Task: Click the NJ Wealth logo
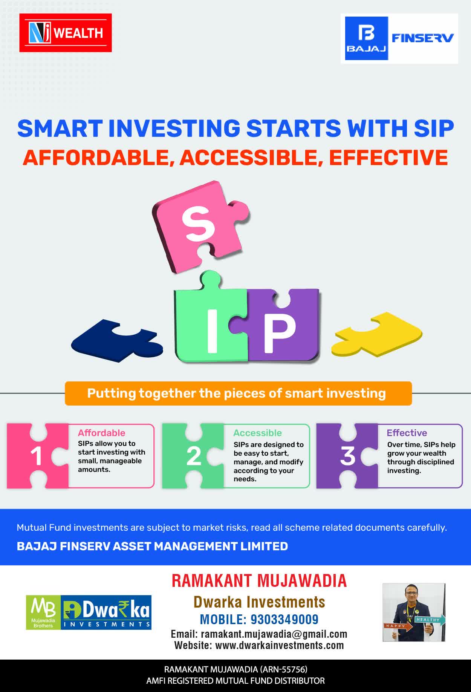tap(66, 33)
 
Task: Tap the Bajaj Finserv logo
tap(399, 38)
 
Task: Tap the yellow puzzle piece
tap(377, 334)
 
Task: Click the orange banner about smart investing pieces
tap(238, 393)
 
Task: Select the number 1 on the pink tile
tap(36, 456)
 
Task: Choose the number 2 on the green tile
tap(194, 456)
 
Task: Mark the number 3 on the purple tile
tap(347, 456)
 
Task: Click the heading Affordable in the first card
tap(101, 433)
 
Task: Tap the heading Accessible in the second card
tap(257, 433)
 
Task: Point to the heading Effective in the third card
tap(407, 433)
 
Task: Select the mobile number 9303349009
tap(284, 619)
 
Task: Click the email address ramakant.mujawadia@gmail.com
tap(274, 634)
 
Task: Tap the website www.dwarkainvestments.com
tap(279, 645)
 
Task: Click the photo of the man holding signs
tap(414, 612)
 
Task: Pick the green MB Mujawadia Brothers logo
tap(43, 612)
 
